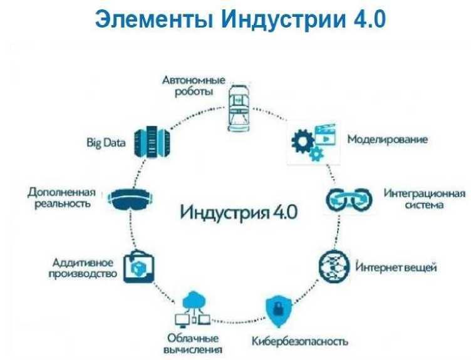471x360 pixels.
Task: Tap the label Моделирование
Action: pyautogui.click(x=388, y=139)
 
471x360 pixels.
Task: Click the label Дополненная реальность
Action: pyautogui.click(x=61, y=198)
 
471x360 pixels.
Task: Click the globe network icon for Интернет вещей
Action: pyautogui.click(x=333, y=265)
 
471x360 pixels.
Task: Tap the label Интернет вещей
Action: pyautogui.click(x=396, y=267)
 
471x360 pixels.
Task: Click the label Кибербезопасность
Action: pyautogui.click(x=299, y=342)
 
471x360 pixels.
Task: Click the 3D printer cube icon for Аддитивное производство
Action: pyautogui.click(x=138, y=266)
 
